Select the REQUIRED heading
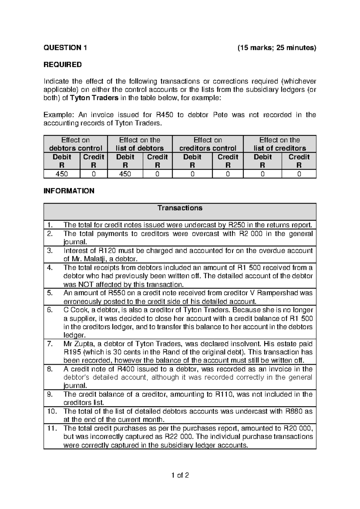click(x=63, y=65)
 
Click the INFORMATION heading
click(x=69, y=191)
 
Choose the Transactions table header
click(x=180, y=208)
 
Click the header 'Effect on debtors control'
click(x=76, y=144)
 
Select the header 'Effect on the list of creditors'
click(x=280, y=144)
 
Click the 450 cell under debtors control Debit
click(x=62, y=174)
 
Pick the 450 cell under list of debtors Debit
click(x=125, y=174)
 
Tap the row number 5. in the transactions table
click(x=50, y=293)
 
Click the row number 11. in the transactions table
click(x=52, y=428)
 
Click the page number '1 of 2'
click(x=180, y=475)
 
